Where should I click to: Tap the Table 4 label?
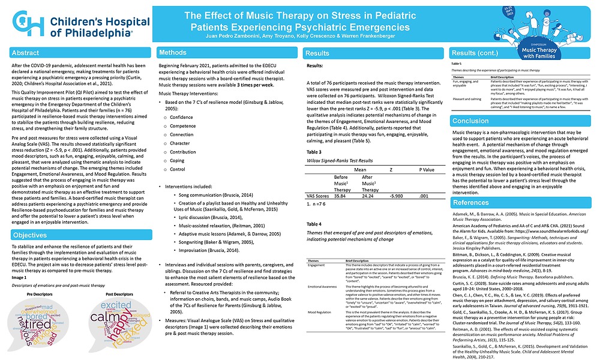(314, 224)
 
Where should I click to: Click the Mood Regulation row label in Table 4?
(320, 313)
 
